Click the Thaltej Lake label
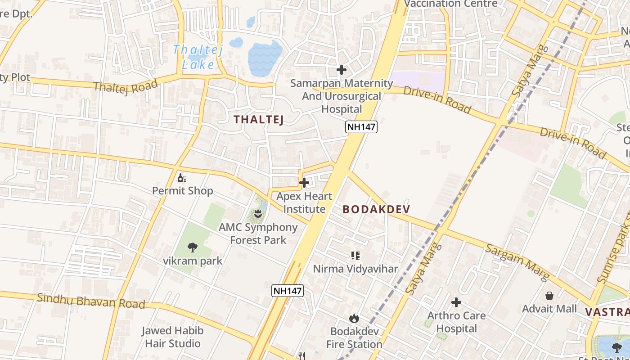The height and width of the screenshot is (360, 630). [198, 57]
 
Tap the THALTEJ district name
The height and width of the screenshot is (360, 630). [259, 119]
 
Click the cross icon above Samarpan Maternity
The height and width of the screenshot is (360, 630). [342, 70]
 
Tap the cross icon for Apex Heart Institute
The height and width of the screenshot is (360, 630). [304, 183]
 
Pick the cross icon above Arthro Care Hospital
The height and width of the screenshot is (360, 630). [456, 302]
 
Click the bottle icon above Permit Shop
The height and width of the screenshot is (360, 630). [182, 178]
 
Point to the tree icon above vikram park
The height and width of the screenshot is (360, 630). [193, 247]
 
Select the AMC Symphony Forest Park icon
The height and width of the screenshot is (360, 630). [258, 213]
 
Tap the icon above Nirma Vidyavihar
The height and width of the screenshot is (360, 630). [355, 256]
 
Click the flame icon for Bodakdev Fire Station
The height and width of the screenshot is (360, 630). [354, 318]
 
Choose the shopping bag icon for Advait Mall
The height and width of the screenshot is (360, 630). [549, 296]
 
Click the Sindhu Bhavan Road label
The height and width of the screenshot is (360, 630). [91, 301]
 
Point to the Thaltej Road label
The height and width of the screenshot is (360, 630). [126, 85]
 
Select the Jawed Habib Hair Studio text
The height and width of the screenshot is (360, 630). [172, 337]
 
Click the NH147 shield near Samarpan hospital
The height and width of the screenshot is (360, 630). [361, 127]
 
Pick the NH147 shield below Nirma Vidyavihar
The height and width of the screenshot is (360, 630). [288, 291]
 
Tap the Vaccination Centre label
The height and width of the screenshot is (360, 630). [451, 4]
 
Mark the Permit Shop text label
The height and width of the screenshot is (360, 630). [182, 191]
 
